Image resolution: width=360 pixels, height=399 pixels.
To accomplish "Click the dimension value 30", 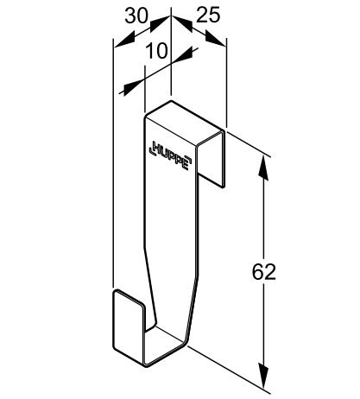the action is click(136, 16).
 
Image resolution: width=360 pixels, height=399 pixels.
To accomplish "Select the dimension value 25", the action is click(208, 15).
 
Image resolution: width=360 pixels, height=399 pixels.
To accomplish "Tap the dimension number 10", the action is click(156, 51).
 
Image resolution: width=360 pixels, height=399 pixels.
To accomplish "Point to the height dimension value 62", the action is click(264, 272).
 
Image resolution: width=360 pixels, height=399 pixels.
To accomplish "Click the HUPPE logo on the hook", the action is click(170, 155).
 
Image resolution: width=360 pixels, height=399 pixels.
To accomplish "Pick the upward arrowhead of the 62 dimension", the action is click(263, 168).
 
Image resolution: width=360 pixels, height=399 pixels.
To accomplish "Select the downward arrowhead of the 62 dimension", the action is click(263, 376).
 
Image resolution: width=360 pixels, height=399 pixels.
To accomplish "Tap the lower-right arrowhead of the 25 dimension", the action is click(216, 39).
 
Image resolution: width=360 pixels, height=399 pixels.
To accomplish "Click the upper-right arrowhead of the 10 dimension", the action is click(185, 55).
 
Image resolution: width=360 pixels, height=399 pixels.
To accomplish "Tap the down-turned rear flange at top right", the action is click(211, 159).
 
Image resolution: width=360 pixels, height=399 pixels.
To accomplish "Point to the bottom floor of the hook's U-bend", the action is click(164, 345).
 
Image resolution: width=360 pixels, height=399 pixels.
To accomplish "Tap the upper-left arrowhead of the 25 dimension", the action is click(182, 22).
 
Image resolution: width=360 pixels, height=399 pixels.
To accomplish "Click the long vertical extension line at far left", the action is click(113, 162).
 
